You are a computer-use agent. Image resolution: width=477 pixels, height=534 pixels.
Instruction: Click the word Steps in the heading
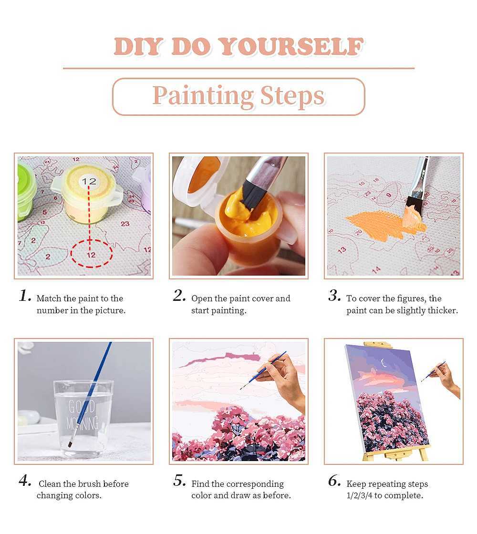[x=292, y=96]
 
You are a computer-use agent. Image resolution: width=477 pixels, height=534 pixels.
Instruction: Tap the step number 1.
[x=24, y=296]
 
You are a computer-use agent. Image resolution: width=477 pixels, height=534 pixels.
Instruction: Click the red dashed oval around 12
[x=92, y=254]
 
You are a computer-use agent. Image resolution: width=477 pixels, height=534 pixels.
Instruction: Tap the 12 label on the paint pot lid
[x=89, y=181]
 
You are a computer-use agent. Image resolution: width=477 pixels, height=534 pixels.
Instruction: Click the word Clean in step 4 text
[x=50, y=484]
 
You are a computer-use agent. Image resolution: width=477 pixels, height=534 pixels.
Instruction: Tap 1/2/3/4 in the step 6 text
[x=359, y=495]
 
